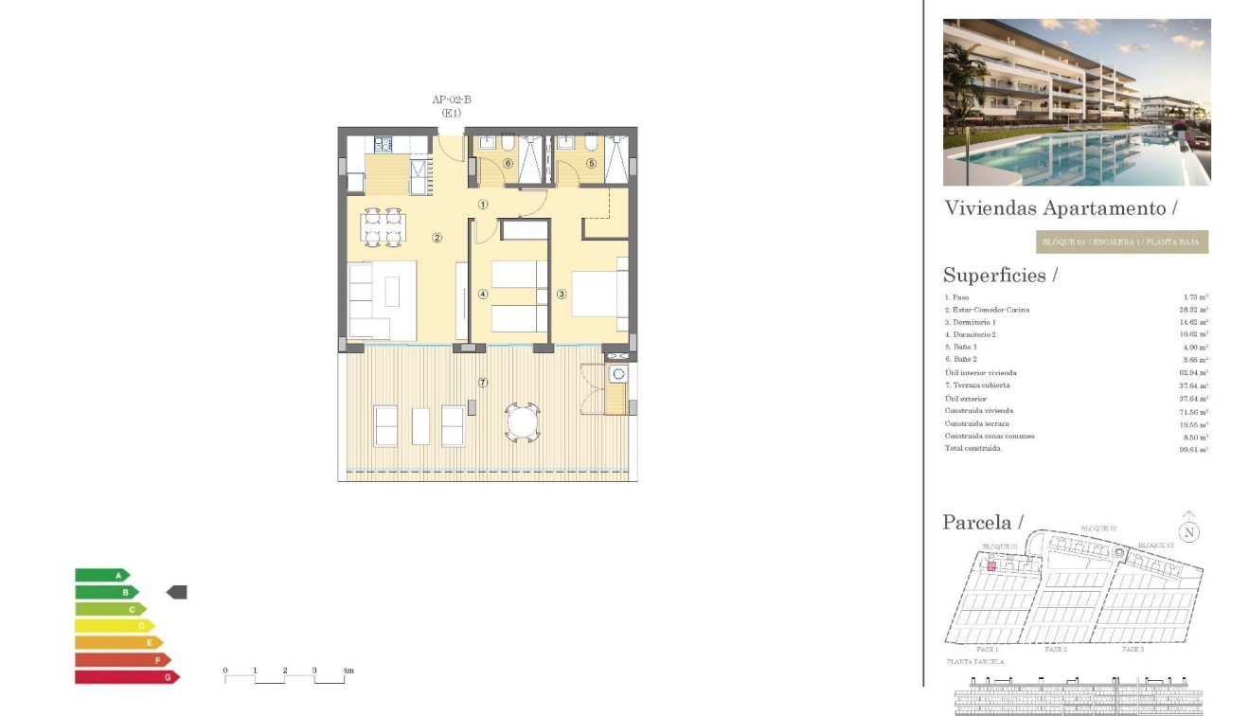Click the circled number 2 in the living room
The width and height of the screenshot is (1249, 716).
pos(437,238)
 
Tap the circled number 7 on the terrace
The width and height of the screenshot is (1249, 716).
pos(483,383)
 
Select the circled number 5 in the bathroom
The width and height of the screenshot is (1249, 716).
pos(592,163)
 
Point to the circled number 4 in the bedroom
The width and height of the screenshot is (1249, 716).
pos(483,295)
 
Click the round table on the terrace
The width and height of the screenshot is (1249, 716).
pos(522,422)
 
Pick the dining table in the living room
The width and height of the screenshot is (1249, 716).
pos(384,228)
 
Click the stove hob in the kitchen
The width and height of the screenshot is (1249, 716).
pos(384,145)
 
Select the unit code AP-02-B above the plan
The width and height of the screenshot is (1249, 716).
pos(452,99)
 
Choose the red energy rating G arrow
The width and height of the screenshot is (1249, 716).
pos(127,677)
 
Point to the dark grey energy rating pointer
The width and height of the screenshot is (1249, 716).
pos(177,592)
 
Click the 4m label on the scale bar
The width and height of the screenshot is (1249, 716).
pos(348,671)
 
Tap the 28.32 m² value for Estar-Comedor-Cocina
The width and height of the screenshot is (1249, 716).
pos(1196,310)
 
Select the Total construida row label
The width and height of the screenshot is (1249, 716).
pos(972,448)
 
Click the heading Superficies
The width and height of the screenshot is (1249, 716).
pos(999,276)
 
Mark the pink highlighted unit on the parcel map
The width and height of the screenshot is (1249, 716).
pos(991,565)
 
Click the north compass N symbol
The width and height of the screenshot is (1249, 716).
pos(1189,531)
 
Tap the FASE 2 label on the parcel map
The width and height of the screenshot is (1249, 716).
pos(1056,650)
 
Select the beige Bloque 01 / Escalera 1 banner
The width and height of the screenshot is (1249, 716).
pos(1122,242)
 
